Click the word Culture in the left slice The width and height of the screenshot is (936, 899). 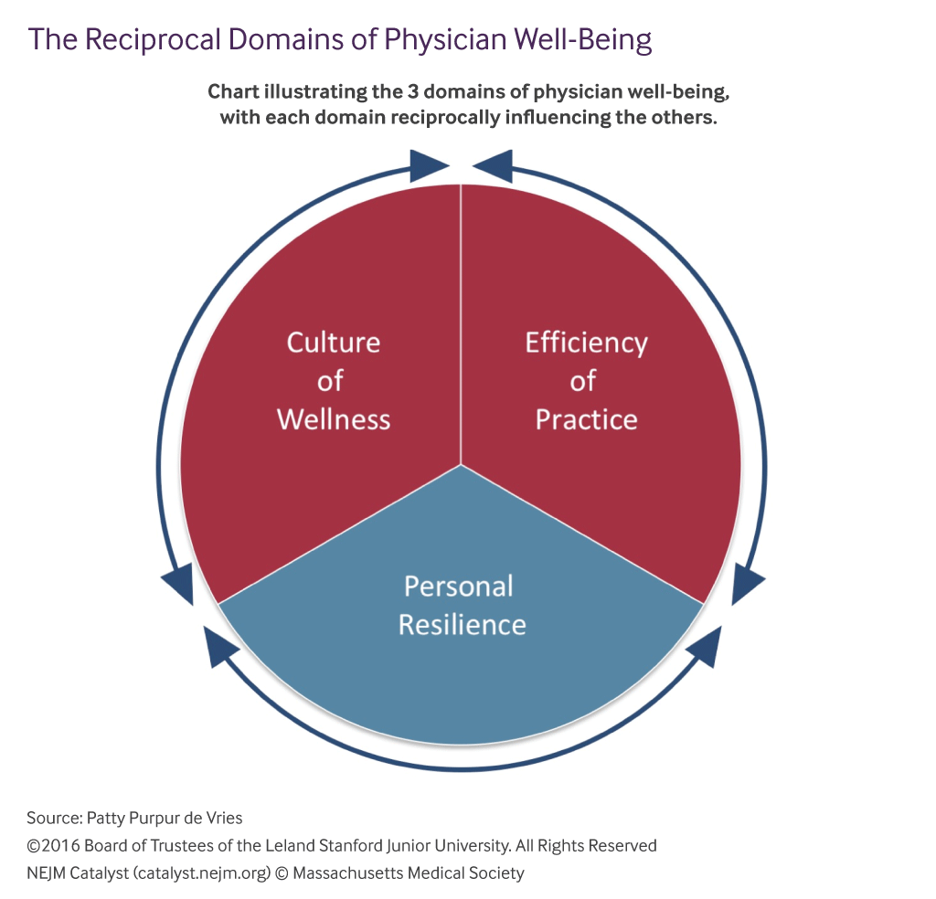[333, 343]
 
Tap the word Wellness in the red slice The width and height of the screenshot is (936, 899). [333, 419]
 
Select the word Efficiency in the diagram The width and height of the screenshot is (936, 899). [586, 344]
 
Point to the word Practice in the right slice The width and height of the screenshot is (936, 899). [586, 419]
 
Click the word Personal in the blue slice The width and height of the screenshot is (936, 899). [459, 586]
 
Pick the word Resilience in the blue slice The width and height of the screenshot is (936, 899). [462, 625]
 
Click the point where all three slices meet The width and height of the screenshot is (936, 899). [461, 465]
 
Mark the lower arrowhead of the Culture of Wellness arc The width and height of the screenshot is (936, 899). [178, 583]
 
